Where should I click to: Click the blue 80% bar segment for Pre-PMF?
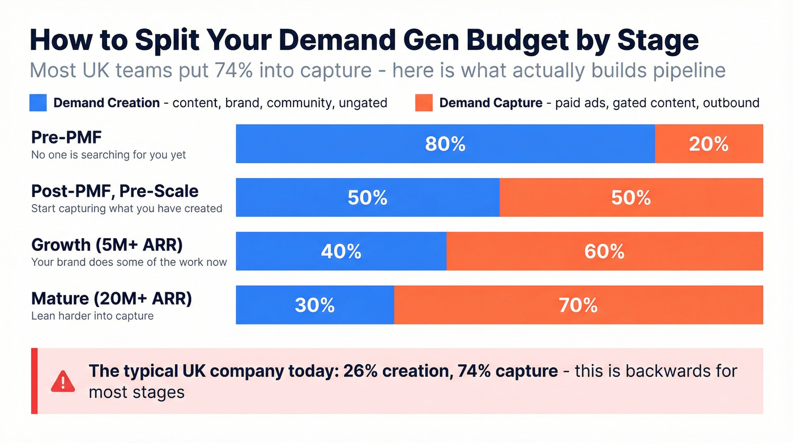pos(445,144)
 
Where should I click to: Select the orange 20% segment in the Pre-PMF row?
pos(709,144)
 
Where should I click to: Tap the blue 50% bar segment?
pos(368,197)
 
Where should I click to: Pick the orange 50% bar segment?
pos(631,197)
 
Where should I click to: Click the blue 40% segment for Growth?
pos(341,251)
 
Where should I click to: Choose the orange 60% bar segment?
pos(604,251)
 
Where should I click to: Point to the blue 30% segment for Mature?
pos(315,305)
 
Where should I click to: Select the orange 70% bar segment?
pos(578,305)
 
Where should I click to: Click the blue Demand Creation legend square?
pos(37,103)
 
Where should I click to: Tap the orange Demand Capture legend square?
pos(424,103)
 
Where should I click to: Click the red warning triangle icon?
pos(62,381)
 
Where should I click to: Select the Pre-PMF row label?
pos(59,137)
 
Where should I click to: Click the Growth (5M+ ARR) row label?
pos(107,244)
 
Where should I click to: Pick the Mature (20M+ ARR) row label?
pos(112,298)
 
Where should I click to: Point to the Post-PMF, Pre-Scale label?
pos(114,191)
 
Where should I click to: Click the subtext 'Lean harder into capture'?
pos(92,316)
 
